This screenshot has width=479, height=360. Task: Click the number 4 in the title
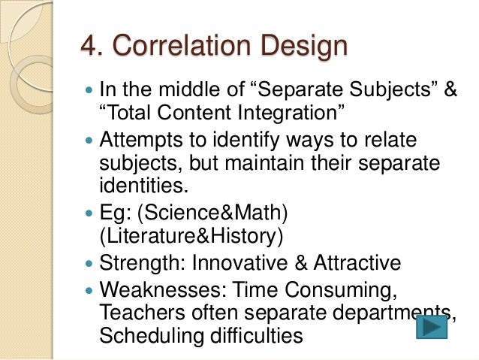coord(89,47)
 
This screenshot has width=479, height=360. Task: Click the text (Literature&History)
coord(191,236)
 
